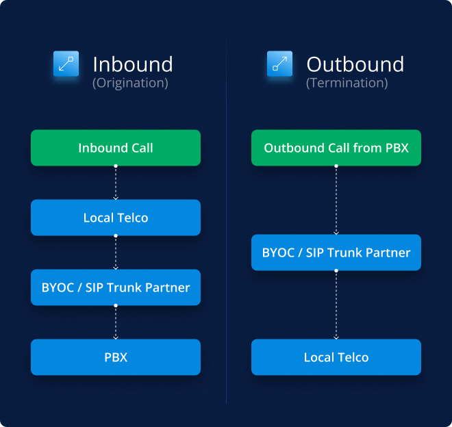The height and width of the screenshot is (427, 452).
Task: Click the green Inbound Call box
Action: (116, 148)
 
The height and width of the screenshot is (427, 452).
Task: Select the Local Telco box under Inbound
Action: (116, 218)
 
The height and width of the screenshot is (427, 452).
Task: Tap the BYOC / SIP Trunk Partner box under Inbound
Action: (116, 287)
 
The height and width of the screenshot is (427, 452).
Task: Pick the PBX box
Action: (116, 357)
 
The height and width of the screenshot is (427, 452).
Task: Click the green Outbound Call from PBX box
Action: (336, 148)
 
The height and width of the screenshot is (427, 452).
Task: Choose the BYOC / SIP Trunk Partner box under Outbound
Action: (336, 253)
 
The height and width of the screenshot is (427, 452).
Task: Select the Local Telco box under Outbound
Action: (336, 357)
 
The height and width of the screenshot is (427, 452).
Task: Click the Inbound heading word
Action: (133, 64)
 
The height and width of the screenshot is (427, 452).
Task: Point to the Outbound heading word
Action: (355, 64)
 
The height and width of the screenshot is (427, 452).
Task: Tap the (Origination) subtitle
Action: (130, 83)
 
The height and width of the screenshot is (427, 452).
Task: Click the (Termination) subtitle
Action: (347, 83)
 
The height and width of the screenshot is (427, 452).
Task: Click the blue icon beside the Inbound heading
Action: (66, 64)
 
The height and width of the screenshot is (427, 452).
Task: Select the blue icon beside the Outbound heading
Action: (279, 64)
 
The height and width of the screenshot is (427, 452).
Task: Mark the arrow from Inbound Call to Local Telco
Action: (116, 183)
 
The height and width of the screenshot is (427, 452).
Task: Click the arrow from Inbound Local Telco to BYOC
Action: (116, 253)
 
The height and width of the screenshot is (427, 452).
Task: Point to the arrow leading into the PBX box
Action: (116, 322)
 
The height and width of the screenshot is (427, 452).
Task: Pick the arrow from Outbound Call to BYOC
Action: (336, 200)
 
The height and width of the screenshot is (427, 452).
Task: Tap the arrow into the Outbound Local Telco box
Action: (336, 305)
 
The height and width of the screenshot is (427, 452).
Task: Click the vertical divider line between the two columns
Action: (226, 219)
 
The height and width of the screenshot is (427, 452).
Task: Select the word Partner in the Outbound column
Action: (388, 253)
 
